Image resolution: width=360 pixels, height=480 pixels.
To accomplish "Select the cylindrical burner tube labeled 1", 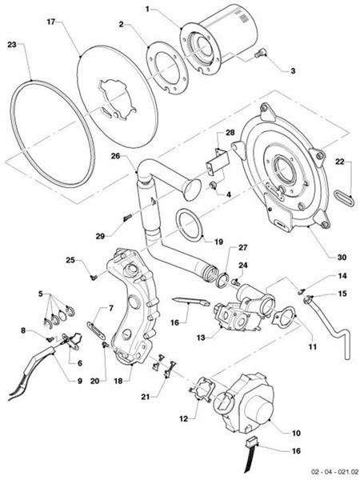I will tap(228, 40).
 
